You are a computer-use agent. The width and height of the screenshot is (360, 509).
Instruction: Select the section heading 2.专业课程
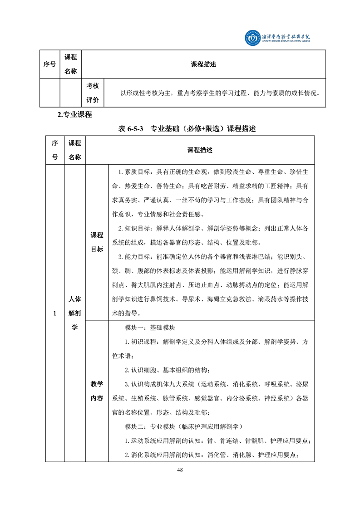(75, 115)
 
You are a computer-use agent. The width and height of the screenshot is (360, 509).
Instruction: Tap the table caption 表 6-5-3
(131, 129)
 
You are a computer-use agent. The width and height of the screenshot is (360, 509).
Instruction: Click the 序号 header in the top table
(49, 64)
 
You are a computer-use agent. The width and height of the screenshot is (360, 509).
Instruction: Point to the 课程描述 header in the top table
(204, 64)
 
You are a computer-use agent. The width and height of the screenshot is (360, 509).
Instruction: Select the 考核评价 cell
(95, 93)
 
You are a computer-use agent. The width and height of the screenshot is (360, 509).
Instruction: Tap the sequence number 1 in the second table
(54, 313)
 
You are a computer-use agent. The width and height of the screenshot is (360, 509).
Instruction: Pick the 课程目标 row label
(97, 242)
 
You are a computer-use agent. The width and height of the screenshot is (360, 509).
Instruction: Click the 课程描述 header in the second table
(200, 150)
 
